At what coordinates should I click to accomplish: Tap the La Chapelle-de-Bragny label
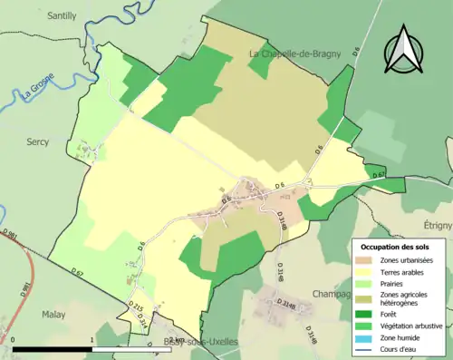click(x=294, y=54)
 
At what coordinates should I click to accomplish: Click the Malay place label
click(x=54, y=315)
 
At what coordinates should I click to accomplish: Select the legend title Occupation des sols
click(x=395, y=247)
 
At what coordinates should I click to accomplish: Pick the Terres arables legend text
click(x=406, y=272)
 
